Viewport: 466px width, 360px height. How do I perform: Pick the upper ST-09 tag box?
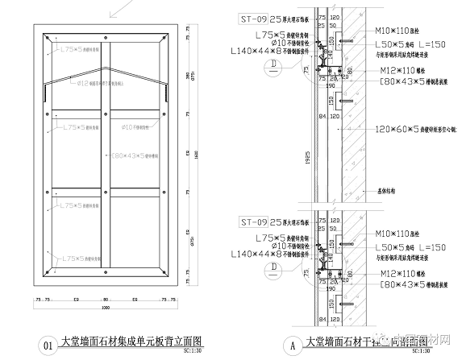click(x=253, y=18)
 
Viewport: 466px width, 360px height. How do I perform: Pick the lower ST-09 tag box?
click(x=253, y=221)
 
